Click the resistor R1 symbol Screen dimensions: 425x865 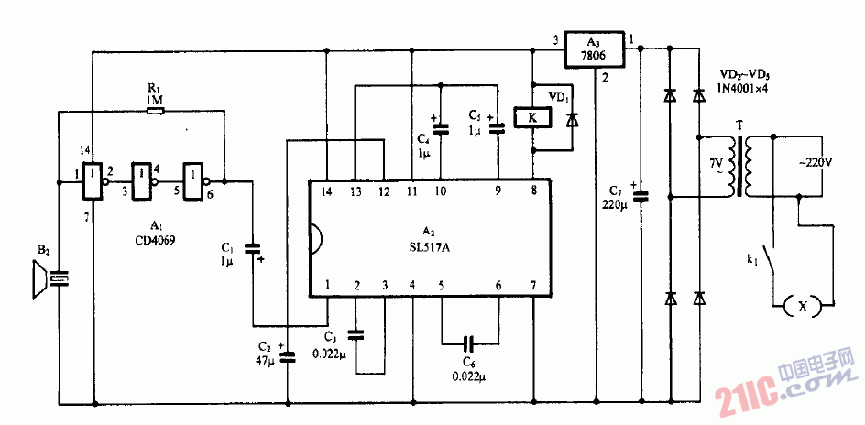pos(156,112)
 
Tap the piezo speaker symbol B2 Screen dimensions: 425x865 pos(38,279)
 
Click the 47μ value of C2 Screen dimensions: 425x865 pos(266,361)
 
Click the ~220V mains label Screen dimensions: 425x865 pos(815,161)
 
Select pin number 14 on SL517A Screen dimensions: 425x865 pos(327,191)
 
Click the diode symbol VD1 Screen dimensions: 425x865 pos(574,120)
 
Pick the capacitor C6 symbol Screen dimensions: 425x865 pos(469,345)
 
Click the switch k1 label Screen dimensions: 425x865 pos(751,261)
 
